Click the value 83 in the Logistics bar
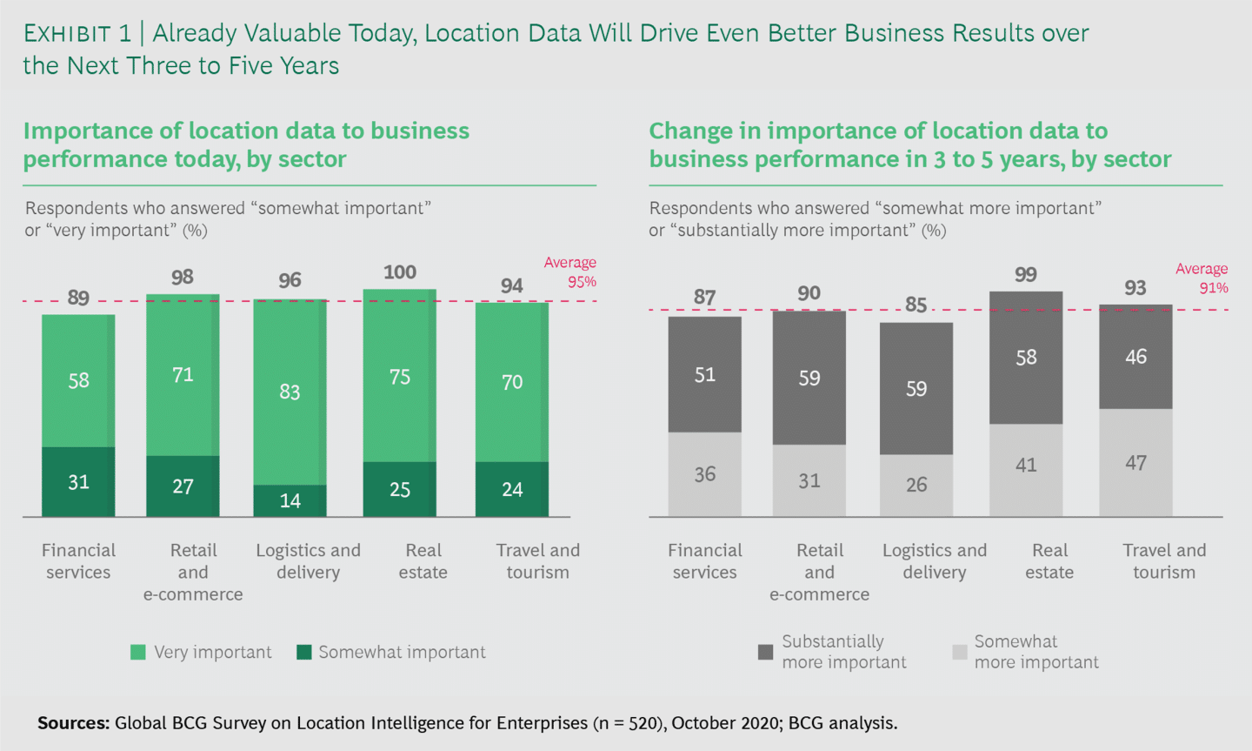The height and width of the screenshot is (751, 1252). (290, 392)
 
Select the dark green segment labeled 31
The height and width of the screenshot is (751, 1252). (78, 482)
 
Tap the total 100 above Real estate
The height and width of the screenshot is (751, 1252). (400, 272)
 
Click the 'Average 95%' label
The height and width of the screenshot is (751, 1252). (570, 272)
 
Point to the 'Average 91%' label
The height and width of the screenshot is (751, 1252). (1202, 278)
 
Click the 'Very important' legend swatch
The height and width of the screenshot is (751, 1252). (137, 652)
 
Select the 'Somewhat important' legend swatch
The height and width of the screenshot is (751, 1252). (303, 652)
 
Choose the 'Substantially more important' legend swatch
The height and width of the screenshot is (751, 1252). (765, 652)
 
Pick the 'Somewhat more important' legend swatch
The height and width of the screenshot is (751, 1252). (959, 652)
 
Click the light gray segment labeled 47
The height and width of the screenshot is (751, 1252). (1135, 463)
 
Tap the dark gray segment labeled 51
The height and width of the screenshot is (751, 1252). (704, 375)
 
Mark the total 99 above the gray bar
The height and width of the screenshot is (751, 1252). (1026, 275)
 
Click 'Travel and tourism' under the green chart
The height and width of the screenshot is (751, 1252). (537, 561)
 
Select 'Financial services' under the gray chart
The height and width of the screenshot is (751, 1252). (704, 561)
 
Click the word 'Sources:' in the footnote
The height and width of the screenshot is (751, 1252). (73, 723)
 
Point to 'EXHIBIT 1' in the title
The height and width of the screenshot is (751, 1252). (77, 33)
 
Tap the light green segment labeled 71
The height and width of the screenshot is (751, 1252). (183, 375)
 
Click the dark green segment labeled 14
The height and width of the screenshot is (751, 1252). (290, 501)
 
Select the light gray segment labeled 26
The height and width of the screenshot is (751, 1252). (916, 485)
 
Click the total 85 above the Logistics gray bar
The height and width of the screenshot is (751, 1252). (916, 305)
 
